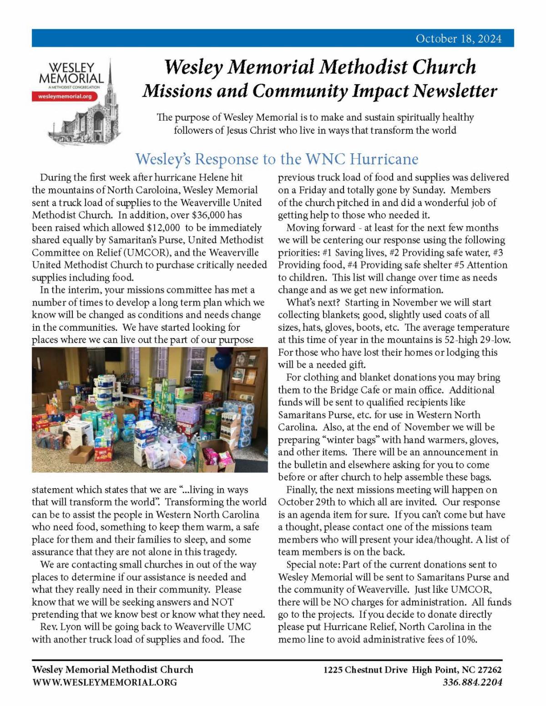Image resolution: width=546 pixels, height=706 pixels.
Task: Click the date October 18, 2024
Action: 458,39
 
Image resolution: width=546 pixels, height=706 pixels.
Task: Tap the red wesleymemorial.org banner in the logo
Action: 65,96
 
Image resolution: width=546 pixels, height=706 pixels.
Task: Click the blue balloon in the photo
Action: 222,360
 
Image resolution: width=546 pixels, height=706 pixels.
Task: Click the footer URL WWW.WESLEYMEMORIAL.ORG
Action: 104,682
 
